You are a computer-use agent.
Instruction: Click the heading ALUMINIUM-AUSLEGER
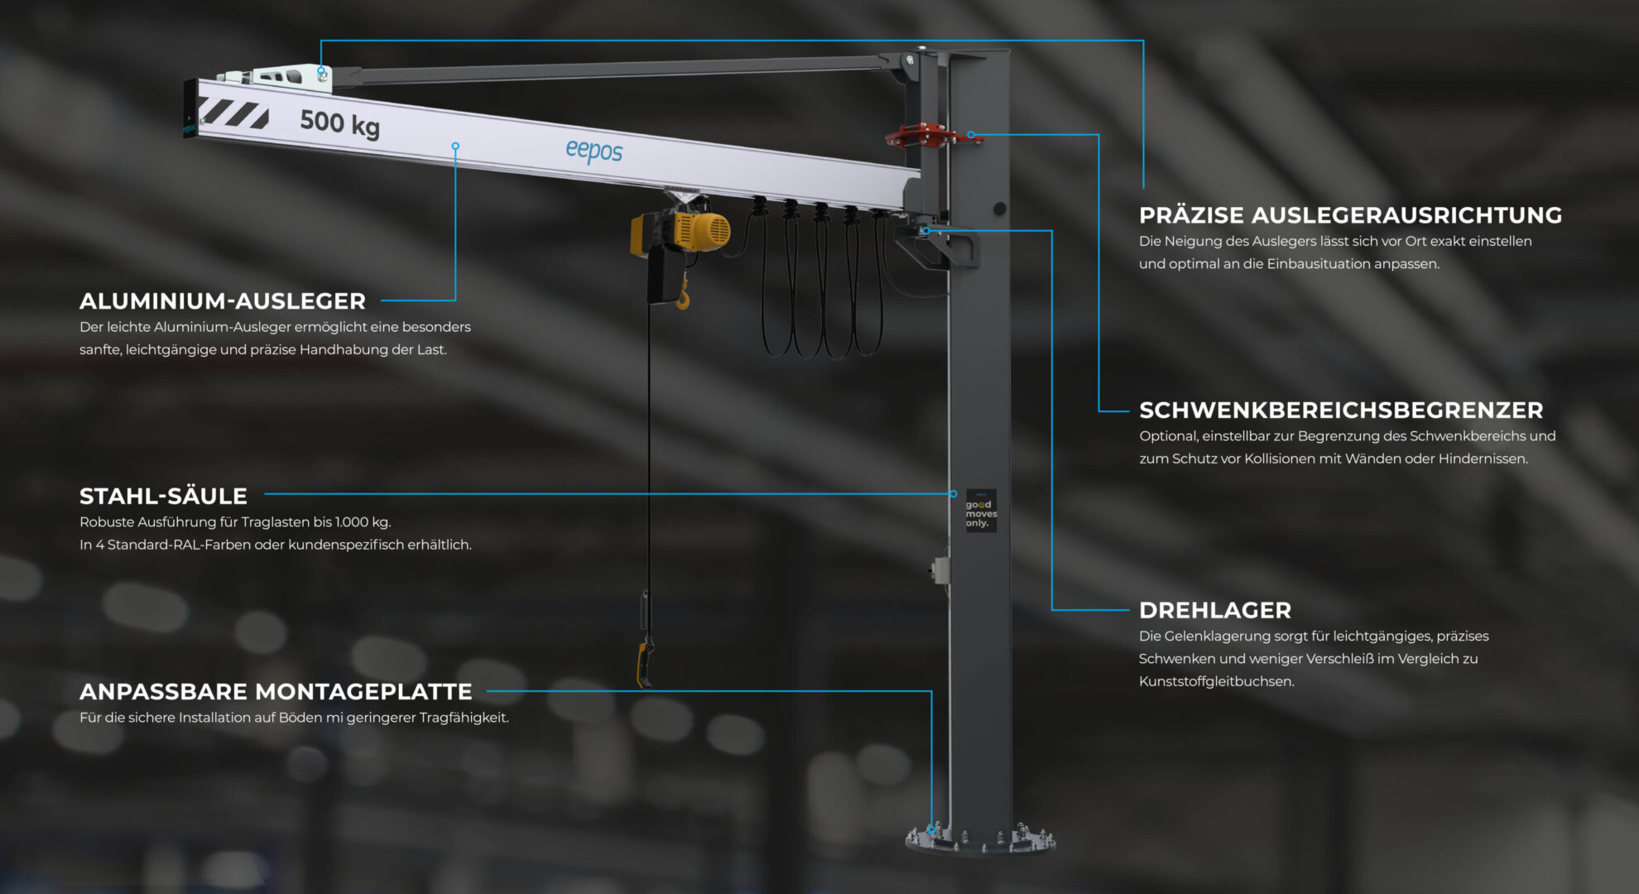click(x=223, y=301)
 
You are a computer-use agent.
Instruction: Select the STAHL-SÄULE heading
click(x=163, y=496)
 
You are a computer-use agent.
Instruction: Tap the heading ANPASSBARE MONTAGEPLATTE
click(x=276, y=691)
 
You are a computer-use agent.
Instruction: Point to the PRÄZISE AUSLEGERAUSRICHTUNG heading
click(x=1350, y=215)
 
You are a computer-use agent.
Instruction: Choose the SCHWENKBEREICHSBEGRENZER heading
click(x=1341, y=411)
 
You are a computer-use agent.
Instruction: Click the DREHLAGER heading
click(x=1215, y=611)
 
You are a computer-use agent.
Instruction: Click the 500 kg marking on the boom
click(x=339, y=123)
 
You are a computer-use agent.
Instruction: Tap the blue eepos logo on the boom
click(x=594, y=151)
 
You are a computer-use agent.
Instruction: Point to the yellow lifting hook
click(x=683, y=295)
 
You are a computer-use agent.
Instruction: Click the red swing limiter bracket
click(x=925, y=134)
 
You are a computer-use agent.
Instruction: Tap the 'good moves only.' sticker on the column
click(x=981, y=510)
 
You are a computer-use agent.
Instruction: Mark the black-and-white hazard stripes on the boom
click(x=233, y=113)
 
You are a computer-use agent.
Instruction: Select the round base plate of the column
click(x=980, y=839)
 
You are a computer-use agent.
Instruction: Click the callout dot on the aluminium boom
click(x=455, y=147)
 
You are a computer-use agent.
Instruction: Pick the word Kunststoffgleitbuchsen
click(x=1216, y=681)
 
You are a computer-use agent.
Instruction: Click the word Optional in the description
click(x=1167, y=436)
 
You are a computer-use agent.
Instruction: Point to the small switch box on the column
click(x=939, y=570)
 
